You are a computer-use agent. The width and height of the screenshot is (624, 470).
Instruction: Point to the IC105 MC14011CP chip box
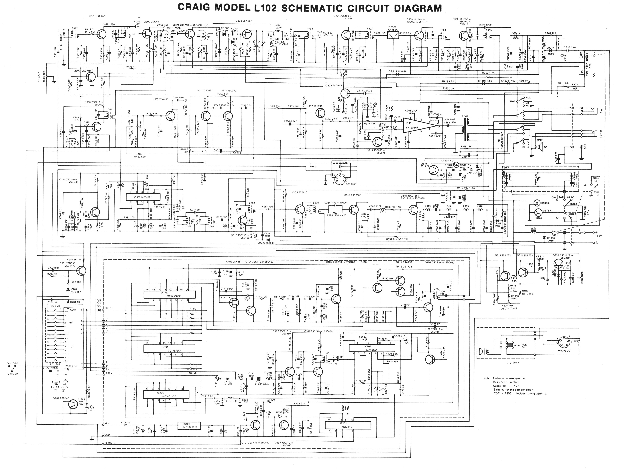tap(163, 395)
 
